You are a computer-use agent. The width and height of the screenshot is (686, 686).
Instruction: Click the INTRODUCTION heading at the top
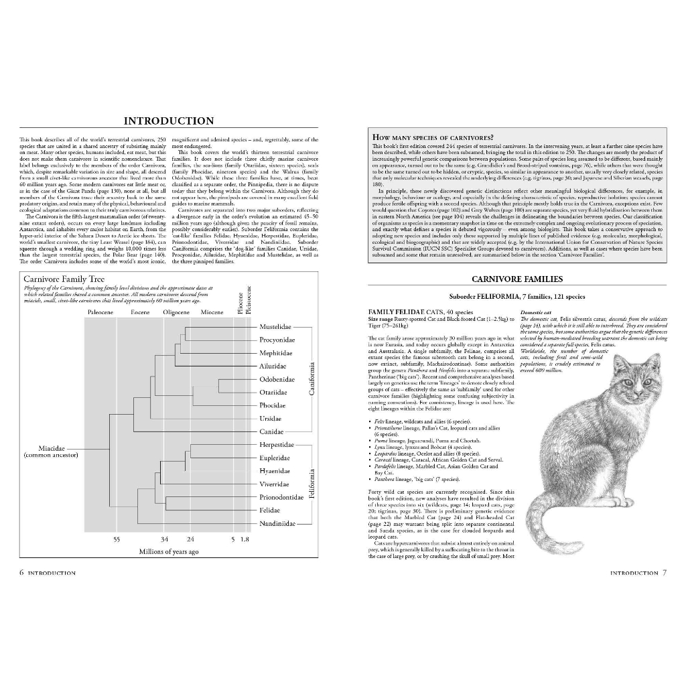[x=169, y=121]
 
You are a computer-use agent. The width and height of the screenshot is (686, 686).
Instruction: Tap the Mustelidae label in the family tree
[x=277, y=327]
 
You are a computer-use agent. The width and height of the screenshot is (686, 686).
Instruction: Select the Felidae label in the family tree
[x=271, y=510]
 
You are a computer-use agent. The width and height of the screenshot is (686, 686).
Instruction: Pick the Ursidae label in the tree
[x=271, y=418]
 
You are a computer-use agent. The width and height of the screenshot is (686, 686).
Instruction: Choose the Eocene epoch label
[x=140, y=313]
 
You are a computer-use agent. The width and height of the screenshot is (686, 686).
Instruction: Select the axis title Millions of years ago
[x=169, y=551]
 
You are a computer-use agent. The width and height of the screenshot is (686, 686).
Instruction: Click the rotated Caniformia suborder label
[x=312, y=379]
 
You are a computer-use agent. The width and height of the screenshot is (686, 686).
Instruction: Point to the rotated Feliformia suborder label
[x=312, y=483]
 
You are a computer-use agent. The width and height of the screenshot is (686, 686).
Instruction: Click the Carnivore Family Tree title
[x=64, y=278]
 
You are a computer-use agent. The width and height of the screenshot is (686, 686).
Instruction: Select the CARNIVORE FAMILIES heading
[x=517, y=279]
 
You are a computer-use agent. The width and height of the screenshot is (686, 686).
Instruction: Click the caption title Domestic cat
[x=535, y=312]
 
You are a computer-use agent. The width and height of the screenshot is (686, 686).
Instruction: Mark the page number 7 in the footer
[x=664, y=573]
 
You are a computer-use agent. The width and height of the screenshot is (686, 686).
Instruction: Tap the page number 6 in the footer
[x=22, y=573]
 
